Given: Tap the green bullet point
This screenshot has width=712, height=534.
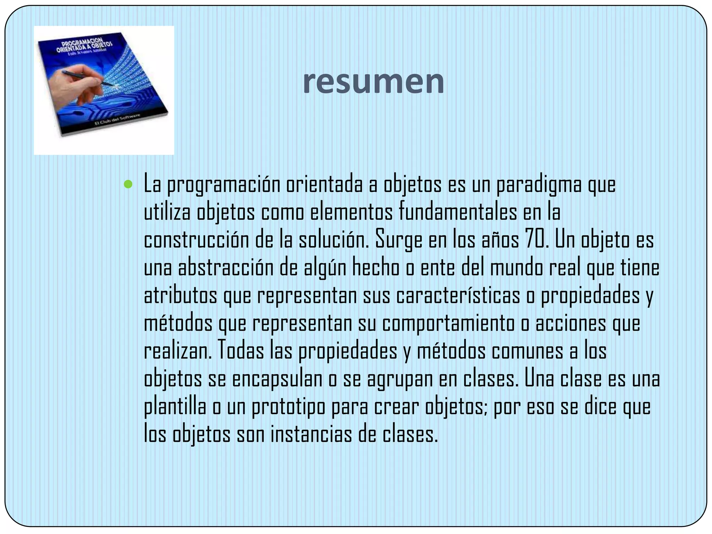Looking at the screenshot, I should pyautogui.click(x=128, y=184).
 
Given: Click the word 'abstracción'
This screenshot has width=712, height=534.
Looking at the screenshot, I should pyautogui.click(x=225, y=268).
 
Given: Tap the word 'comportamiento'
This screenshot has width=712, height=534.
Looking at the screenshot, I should pyautogui.click(x=448, y=323).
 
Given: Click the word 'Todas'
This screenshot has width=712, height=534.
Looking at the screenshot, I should pyautogui.click(x=241, y=351).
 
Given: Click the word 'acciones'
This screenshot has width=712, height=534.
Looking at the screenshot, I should pyautogui.click(x=570, y=323).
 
